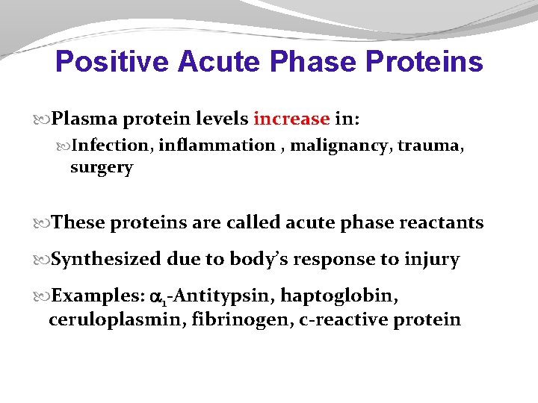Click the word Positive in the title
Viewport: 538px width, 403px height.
click(113, 62)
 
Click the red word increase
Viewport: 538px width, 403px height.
click(291, 119)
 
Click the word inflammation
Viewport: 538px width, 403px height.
click(217, 146)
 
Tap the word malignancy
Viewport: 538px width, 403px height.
click(340, 146)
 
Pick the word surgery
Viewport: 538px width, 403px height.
click(101, 167)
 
